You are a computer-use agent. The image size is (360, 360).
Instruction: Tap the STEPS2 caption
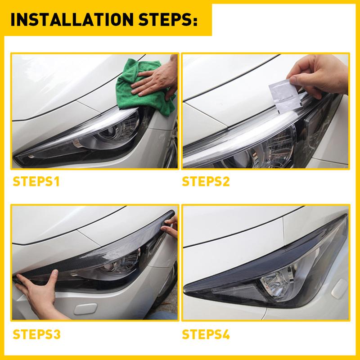[x=207, y=183]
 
